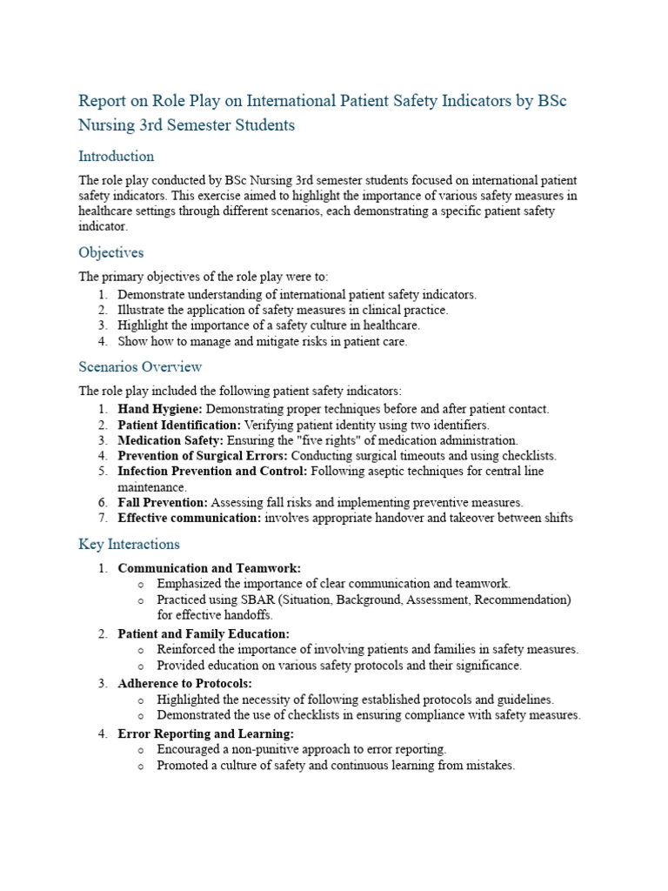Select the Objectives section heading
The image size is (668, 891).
tap(111, 253)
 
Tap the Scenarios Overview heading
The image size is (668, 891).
tap(140, 366)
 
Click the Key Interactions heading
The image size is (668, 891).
tap(130, 545)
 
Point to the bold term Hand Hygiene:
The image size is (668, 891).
tap(160, 409)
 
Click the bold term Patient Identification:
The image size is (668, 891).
tap(179, 425)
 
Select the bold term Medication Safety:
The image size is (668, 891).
tap(170, 440)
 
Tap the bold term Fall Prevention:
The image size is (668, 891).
tap(163, 502)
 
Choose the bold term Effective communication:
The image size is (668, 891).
tap(189, 518)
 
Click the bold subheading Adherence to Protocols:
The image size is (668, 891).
tap(184, 684)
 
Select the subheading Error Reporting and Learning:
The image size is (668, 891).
tap(205, 734)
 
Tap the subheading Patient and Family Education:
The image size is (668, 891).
tap(204, 633)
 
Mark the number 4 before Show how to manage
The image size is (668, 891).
tap(102, 342)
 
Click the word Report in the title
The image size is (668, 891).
tap(103, 101)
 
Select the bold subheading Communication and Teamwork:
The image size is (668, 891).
tap(209, 568)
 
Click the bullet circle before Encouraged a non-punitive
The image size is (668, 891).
tap(142, 750)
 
